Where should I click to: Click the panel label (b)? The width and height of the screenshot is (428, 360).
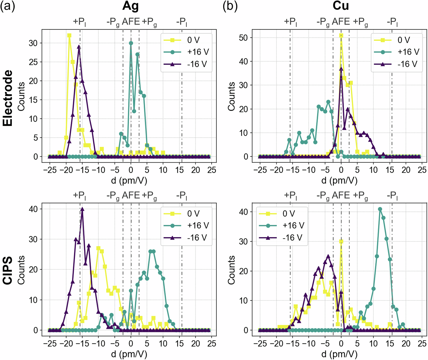[x=230, y=6]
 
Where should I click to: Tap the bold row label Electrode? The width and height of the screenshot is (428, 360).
[x=8, y=98]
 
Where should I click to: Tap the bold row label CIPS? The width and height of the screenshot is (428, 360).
[x=8, y=271]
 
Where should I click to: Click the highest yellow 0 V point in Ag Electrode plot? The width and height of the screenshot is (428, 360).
[x=69, y=35]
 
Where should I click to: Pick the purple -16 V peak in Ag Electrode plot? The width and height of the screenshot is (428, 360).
[x=79, y=47]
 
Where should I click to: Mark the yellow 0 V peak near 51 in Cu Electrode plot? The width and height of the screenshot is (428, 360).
[x=341, y=35]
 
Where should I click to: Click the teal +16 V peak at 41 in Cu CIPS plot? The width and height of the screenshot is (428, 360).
[x=380, y=209]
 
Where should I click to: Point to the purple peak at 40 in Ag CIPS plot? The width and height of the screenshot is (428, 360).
[x=82, y=209]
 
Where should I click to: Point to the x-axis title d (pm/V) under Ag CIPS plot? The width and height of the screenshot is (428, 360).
[x=129, y=354]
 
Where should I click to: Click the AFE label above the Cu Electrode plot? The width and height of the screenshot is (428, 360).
[x=341, y=22]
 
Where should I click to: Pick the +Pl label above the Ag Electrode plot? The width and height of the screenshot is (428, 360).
[x=80, y=22]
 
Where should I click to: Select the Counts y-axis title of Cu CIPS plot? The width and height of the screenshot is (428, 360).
[x=232, y=271]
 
